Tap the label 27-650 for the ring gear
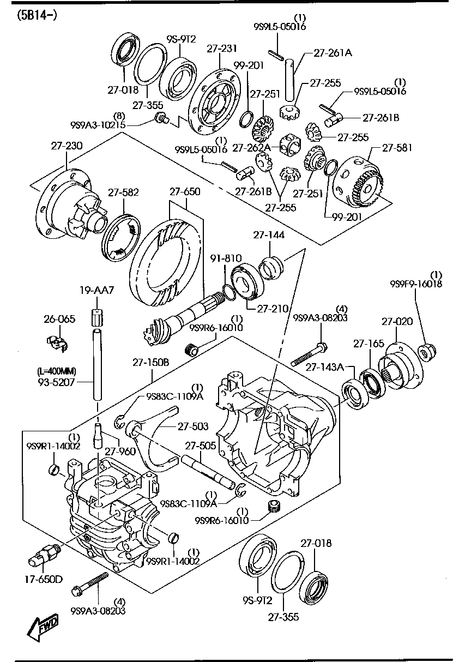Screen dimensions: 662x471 (184, 192)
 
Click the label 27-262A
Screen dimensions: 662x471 (251, 147)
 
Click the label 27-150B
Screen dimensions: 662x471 (151, 362)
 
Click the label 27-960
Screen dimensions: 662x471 (119, 451)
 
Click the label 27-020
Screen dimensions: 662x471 (397, 322)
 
